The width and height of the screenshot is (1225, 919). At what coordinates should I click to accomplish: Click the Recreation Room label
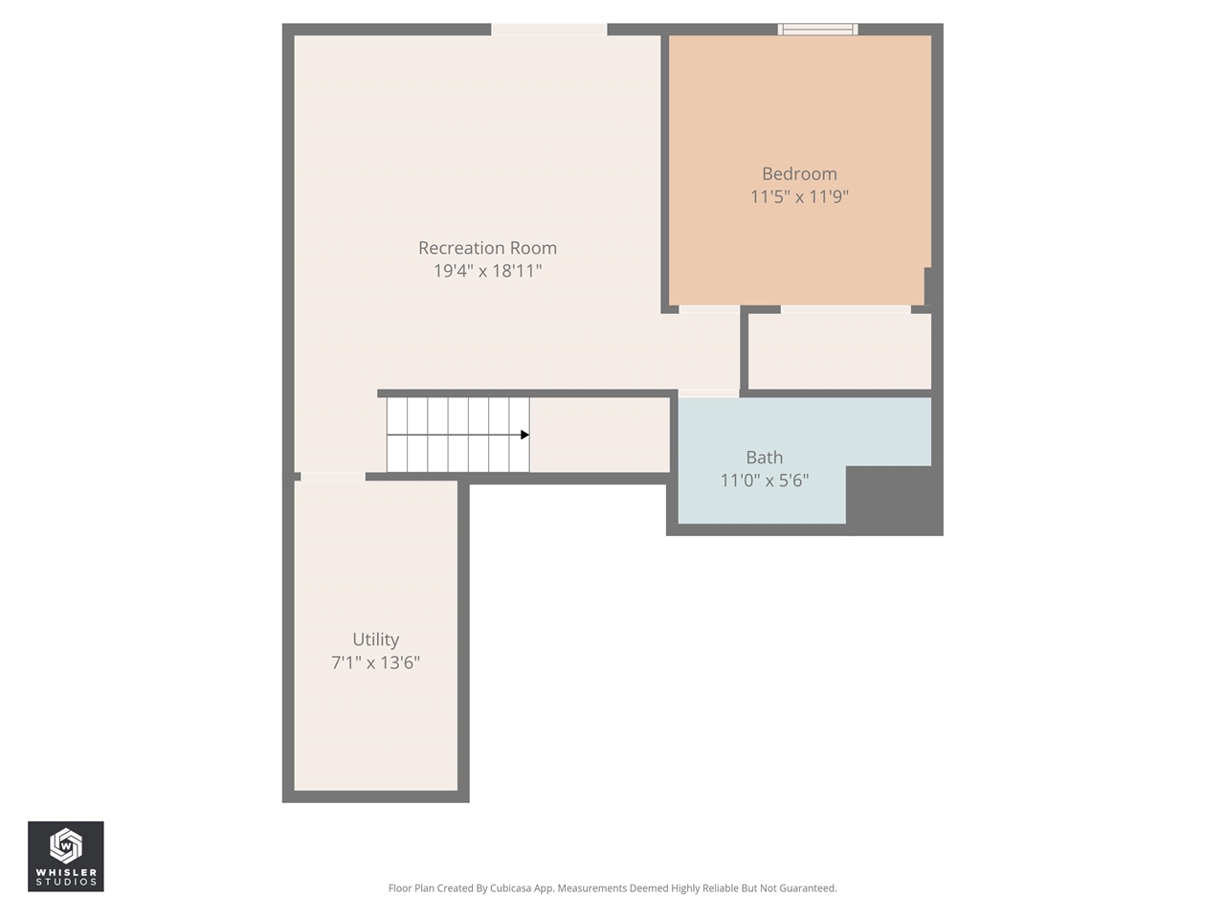(x=487, y=248)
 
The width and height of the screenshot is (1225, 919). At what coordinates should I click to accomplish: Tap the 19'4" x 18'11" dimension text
(x=487, y=271)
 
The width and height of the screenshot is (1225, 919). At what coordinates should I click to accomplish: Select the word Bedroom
(x=799, y=174)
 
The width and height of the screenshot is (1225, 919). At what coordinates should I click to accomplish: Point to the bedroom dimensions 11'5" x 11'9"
(x=799, y=197)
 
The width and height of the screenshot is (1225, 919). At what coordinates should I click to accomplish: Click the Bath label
(x=764, y=458)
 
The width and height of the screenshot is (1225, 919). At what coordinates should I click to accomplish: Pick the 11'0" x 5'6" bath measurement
(x=764, y=481)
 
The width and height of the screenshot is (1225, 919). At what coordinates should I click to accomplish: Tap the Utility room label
(x=375, y=639)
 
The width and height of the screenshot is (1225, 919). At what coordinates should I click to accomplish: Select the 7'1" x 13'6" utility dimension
(x=375, y=662)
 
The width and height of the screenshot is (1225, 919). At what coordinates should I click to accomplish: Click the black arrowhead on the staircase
(x=524, y=435)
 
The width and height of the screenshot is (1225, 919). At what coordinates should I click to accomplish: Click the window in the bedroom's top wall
(x=817, y=30)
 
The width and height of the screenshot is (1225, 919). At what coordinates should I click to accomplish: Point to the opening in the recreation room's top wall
(x=548, y=30)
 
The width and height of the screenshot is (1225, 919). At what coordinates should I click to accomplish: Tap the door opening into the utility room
(x=332, y=476)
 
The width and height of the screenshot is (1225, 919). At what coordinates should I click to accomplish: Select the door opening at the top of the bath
(x=708, y=393)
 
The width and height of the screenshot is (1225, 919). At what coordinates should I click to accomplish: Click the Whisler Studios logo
(x=66, y=856)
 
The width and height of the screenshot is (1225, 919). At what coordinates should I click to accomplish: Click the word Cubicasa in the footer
(x=510, y=888)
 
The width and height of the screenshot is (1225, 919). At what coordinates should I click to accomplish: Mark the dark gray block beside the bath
(x=894, y=499)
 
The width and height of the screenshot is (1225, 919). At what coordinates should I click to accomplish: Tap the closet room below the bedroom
(x=839, y=351)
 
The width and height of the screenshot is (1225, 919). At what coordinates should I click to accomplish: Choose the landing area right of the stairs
(x=599, y=435)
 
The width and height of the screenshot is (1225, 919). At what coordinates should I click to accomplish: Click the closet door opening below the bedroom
(x=845, y=309)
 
